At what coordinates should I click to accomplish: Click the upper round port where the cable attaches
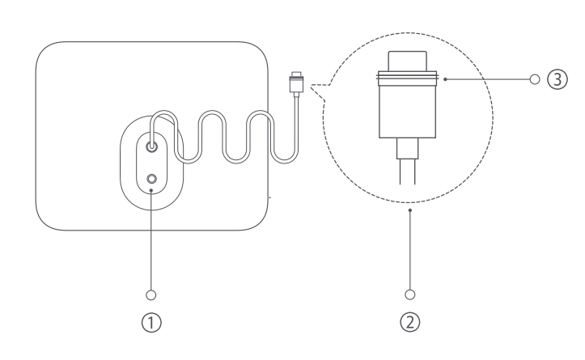[x=152, y=147]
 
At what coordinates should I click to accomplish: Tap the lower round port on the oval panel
[x=152, y=178]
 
